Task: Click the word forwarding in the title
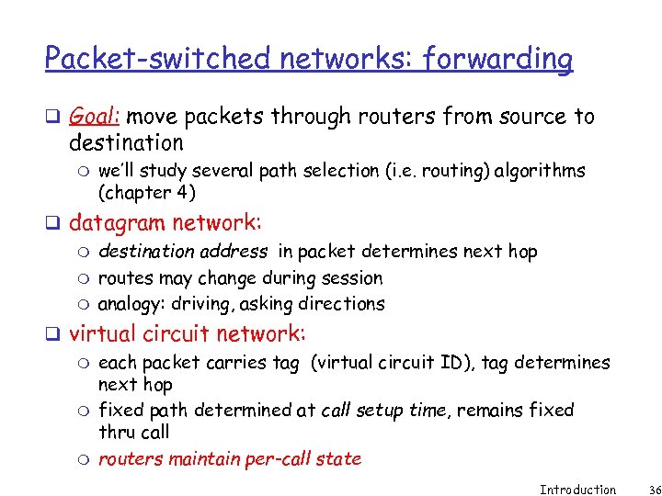coord(498,59)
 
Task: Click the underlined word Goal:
coord(96,117)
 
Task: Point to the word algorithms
coord(541,171)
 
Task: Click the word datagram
coord(117,222)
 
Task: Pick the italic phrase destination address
coord(183,252)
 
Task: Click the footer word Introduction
coord(577,490)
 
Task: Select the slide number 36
coord(641,490)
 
